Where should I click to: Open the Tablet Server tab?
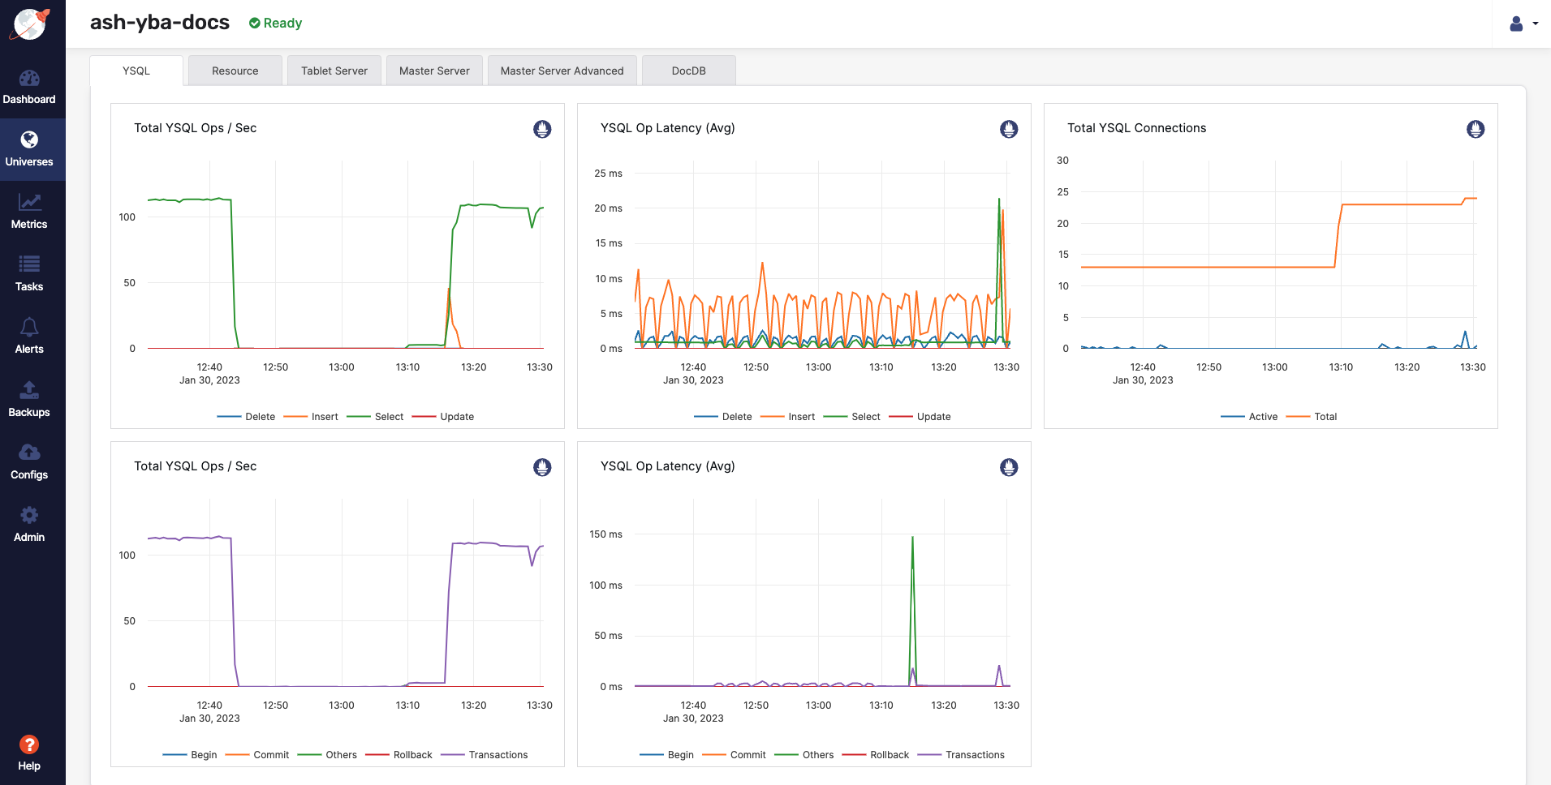pos(334,71)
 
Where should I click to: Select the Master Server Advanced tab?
pos(562,71)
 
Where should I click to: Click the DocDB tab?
pos(688,71)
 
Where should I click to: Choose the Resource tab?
pos(235,71)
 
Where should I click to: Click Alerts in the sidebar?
pos(29,336)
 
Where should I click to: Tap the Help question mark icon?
pos(29,744)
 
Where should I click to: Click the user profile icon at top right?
pos(1515,24)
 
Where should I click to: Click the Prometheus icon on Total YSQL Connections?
pos(1475,129)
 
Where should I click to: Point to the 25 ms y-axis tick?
pos(608,174)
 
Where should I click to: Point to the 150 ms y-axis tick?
pos(605,534)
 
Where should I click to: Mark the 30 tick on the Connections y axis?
pos(1062,161)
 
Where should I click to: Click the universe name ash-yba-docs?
pos(160,22)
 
